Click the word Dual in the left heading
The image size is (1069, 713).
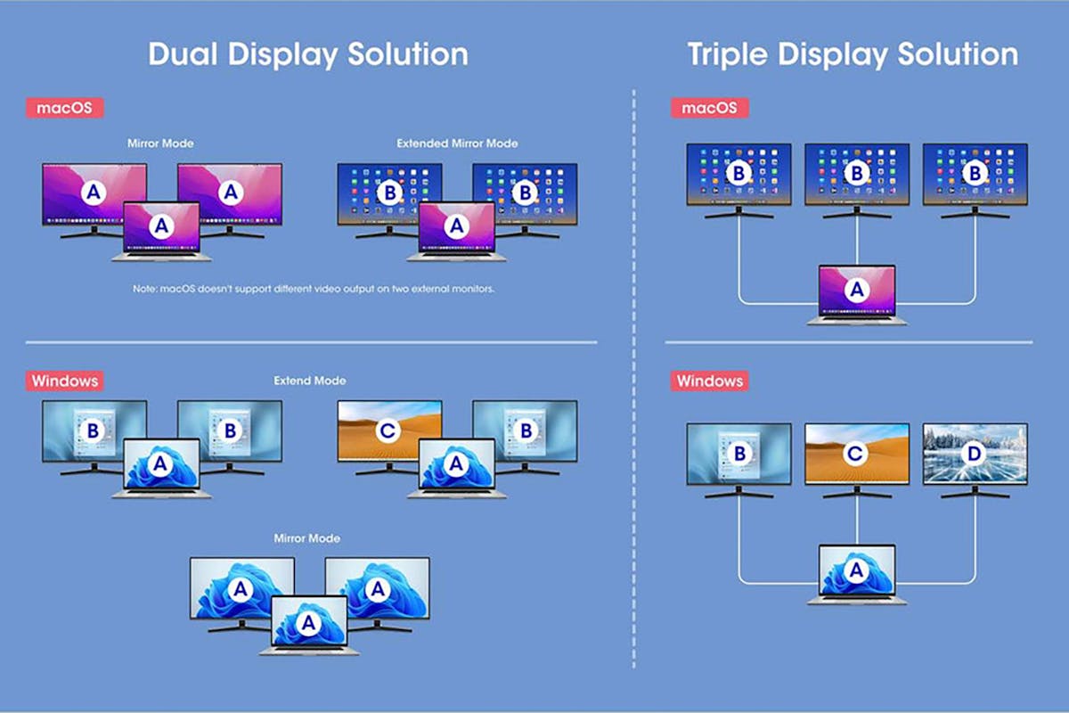pyautogui.click(x=184, y=54)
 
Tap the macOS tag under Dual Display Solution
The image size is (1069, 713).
pyautogui.click(x=64, y=108)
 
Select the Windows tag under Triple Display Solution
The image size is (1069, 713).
pyautogui.click(x=710, y=381)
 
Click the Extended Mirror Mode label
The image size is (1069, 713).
pyautogui.click(x=457, y=143)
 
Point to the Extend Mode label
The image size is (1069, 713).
pyautogui.click(x=310, y=381)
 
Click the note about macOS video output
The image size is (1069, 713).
pyautogui.click(x=314, y=289)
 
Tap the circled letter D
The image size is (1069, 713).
pyautogui.click(x=974, y=454)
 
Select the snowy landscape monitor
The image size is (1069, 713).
pyautogui.click(x=975, y=461)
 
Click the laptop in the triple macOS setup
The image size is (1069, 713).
pyautogui.click(x=857, y=295)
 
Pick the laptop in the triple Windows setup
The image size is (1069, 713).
pyautogui.click(x=857, y=575)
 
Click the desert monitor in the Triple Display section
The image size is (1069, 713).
pyautogui.click(x=857, y=461)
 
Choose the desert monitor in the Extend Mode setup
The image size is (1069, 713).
pyautogui.click(x=389, y=437)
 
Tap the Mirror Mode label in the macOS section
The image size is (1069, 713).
pyautogui.click(x=160, y=143)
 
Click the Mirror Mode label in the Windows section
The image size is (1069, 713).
pyautogui.click(x=306, y=538)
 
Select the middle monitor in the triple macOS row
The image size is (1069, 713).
pyautogui.click(x=857, y=181)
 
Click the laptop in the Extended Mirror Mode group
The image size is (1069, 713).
pyautogui.click(x=457, y=232)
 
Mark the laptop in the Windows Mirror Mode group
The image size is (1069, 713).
pyautogui.click(x=309, y=626)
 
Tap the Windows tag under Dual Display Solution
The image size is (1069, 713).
pyautogui.click(x=64, y=381)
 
